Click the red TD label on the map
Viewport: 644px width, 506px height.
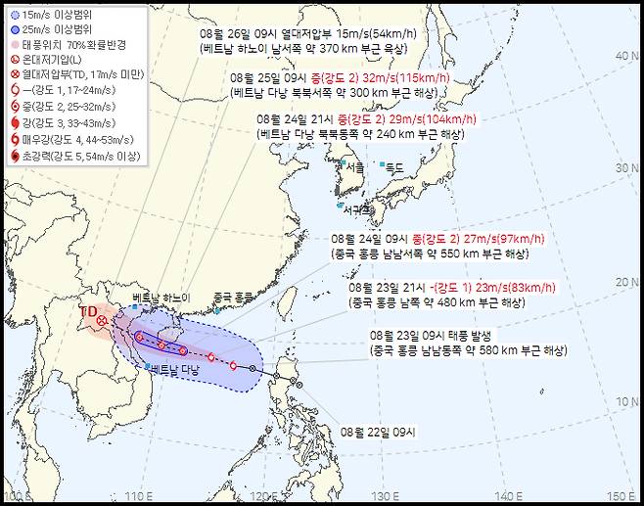pos(87,311)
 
